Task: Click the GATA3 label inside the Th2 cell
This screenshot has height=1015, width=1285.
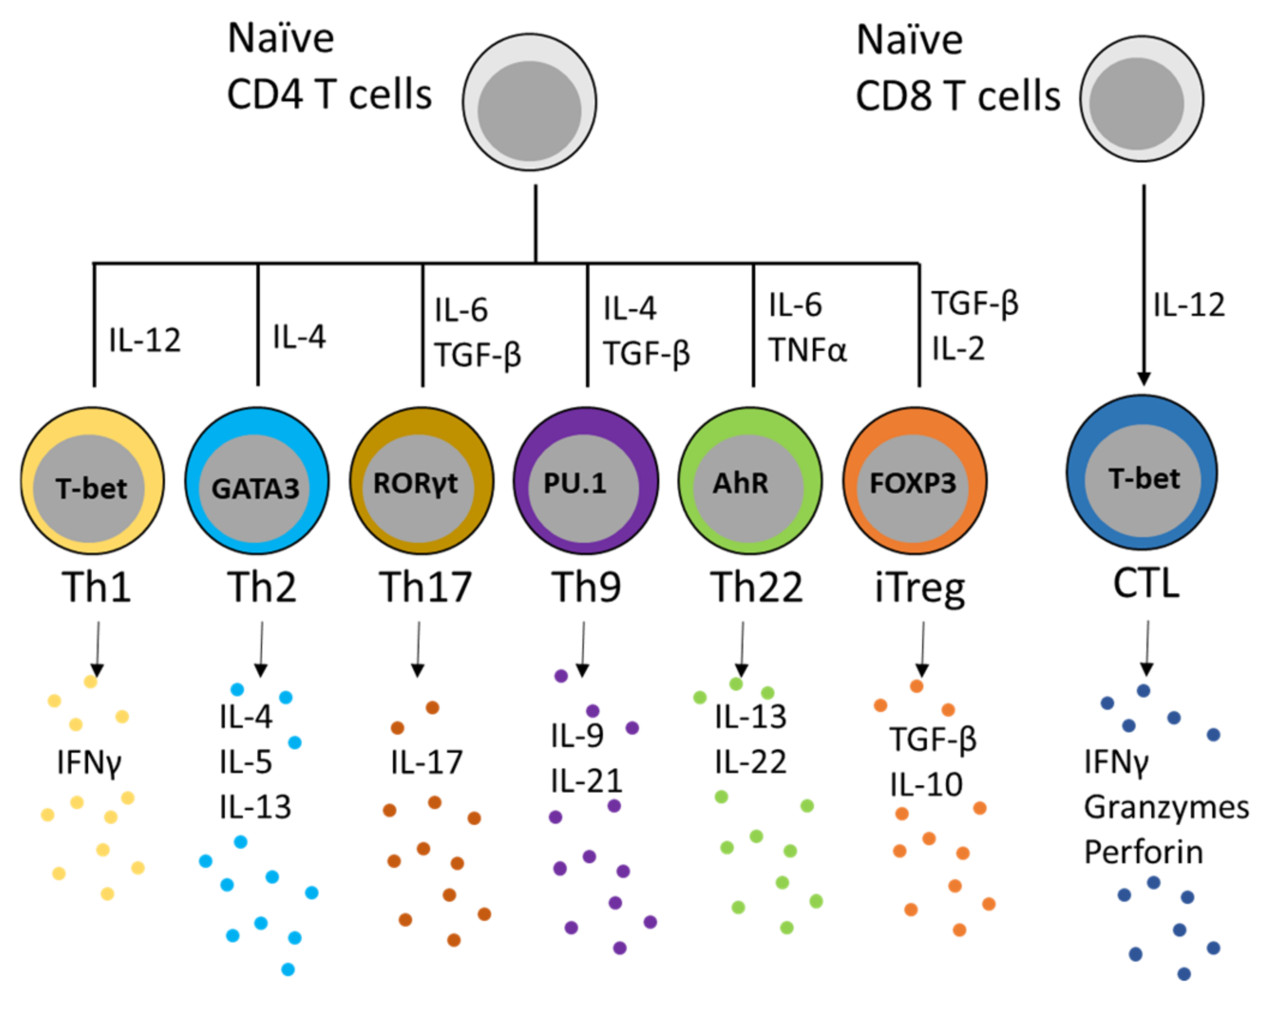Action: click(x=256, y=488)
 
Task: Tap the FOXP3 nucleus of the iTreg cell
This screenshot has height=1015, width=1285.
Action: click(x=912, y=484)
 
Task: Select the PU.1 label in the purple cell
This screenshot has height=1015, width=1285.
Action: click(x=575, y=484)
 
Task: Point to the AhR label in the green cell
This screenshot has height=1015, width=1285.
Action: click(x=740, y=484)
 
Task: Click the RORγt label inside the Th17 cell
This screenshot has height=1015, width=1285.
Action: click(x=415, y=484)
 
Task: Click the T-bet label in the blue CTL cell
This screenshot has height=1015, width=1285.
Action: click(x=1143, y=479)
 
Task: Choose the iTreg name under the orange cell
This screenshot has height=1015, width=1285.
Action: click(x=920, y=588)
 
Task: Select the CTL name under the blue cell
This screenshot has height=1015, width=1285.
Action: click(x=1146, y=583)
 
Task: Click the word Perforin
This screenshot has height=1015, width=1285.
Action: click(x=1143, y=852)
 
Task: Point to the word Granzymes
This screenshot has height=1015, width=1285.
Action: click(x=1166, y=807)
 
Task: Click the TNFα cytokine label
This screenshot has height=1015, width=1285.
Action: click(x=807, y=350)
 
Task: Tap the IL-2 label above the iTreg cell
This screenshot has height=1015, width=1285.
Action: click(x=958, y=349)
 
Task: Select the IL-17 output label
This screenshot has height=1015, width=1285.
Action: click(x=427, y=762)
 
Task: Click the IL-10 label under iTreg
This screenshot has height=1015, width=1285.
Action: click(x=926, y=785)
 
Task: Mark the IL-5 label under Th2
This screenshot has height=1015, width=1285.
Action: click(x=246, y=762)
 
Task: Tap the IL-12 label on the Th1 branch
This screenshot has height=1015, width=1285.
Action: click(x=145, y=340)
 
